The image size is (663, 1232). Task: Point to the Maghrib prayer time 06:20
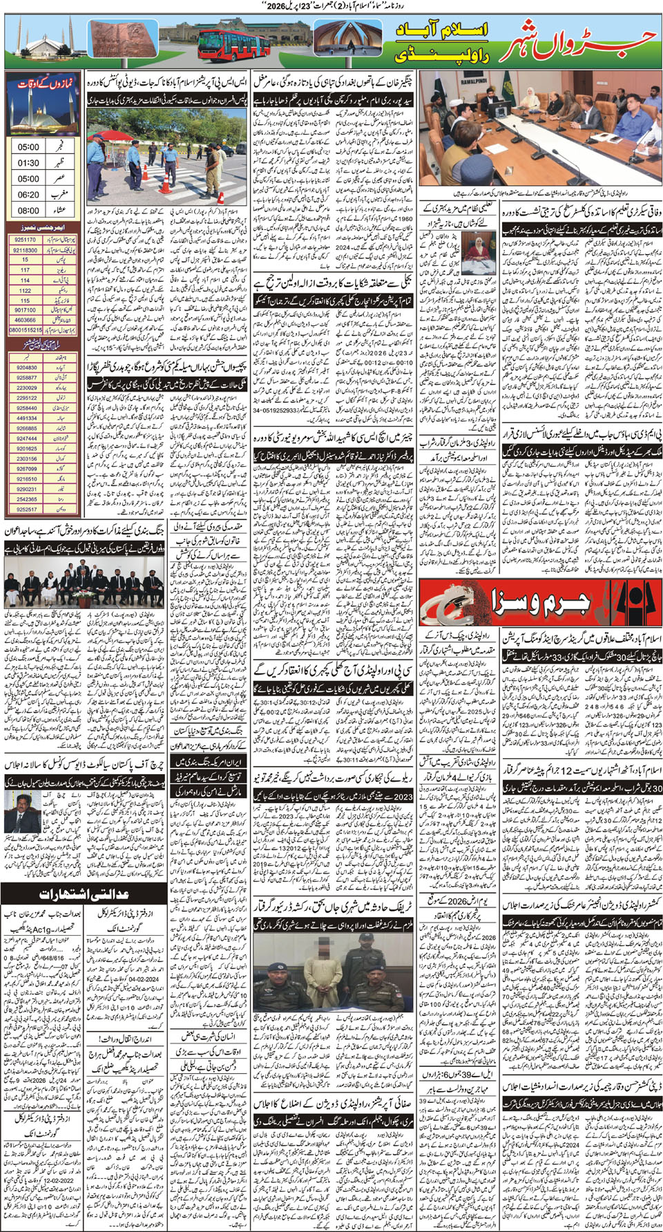pyautogui.click(x=28, y=195)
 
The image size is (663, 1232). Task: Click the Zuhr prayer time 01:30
pyautogui.click(x=28, y=163)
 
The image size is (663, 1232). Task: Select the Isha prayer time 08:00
pyautogui.click(x=28, y=211)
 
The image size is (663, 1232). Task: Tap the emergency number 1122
pyautogui.click(x=25, y=291)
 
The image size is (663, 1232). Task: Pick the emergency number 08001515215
pyautogui.click(x=25, y=330)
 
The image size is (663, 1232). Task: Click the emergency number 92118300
pyautogui.click(x=25, y=251)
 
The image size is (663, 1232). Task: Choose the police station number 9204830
pyautogui.click(x=26, y=368)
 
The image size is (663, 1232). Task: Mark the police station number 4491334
pyautogui.click(x=26, y=418)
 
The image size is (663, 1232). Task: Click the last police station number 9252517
pyautogui.click(x=26, y=509)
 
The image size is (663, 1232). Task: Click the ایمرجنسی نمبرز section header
pyautogui.click(x=43, y=227)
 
